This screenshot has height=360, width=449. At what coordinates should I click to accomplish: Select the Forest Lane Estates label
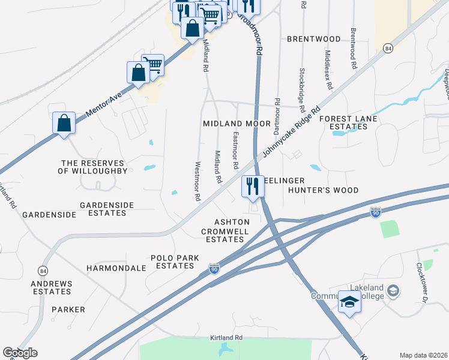tap(348, 123)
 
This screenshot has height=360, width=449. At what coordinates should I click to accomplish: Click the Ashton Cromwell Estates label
tap(225, 231)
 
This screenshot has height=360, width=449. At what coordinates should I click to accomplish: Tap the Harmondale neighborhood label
tap(116, 268)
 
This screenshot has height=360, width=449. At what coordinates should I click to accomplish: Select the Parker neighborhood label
tap(68, 310)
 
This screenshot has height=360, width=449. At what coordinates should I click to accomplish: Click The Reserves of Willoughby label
tap(92, 167)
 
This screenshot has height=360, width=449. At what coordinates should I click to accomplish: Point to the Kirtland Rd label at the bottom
tap(226, 338)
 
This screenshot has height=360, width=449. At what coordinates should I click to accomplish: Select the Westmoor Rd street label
tap(196, 181)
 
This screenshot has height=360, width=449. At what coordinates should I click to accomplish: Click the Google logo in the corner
tap(20, 353)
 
